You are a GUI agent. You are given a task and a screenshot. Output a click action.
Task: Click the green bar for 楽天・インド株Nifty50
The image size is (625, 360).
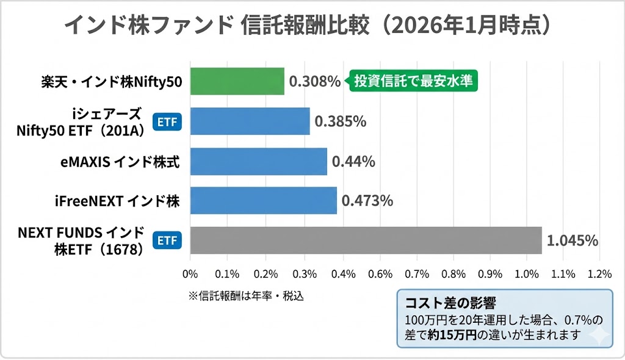tap(237, 81)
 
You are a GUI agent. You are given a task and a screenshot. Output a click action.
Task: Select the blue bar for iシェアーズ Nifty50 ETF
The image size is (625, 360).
tap(250, 121)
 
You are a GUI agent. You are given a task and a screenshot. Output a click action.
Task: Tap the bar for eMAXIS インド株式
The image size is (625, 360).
tap(259, 162)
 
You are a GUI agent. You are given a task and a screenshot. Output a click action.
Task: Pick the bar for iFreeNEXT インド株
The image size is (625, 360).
tap(264, 201)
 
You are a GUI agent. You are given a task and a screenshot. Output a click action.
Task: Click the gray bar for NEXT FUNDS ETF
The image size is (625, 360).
tap(366, 240)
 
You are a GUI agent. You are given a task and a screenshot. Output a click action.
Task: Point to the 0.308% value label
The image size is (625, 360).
tap(314, 82)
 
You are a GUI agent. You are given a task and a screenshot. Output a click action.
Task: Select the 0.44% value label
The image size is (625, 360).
tap(353, 162)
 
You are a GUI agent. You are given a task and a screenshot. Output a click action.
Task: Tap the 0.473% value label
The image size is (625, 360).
tap(367, 201)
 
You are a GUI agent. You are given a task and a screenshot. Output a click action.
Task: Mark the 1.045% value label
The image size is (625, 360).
tap(572, 240)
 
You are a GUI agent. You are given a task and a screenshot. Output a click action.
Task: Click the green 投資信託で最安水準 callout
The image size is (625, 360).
tap(413, 81)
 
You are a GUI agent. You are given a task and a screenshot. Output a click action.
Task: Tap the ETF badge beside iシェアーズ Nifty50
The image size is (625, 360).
tap(167, 122)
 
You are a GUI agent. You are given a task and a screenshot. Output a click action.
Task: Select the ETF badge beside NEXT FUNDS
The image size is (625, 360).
tap(167, 240)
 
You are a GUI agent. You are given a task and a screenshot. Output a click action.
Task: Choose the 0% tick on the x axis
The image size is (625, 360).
tap(190, 273)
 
